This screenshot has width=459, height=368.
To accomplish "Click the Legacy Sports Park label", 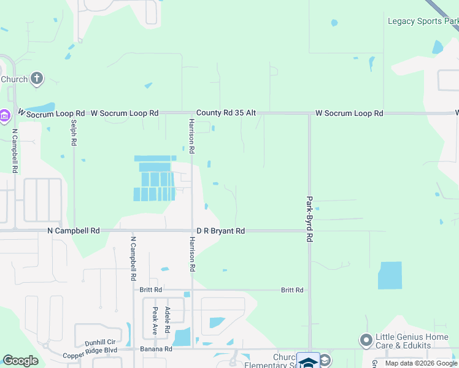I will point(423,21).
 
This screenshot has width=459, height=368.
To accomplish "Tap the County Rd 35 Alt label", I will point(226,113).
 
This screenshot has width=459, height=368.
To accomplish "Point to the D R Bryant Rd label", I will point(221,231).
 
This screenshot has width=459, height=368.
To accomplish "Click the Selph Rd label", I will point(74,132).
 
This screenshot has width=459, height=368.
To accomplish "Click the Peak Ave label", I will point(155,320).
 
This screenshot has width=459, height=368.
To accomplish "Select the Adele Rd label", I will point(168,316).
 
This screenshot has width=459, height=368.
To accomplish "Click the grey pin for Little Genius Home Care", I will point(367,339).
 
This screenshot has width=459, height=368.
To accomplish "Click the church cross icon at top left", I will point(37,78).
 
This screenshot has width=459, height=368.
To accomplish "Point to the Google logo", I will point(20,361).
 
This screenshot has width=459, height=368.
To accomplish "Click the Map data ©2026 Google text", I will point(422,363).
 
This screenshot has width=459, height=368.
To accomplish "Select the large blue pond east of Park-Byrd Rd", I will point(390,275).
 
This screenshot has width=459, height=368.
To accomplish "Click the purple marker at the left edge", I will point(4,115).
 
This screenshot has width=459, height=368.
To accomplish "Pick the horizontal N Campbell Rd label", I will point(74,231).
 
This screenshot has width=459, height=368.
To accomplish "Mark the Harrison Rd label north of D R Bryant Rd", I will point(191,136).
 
